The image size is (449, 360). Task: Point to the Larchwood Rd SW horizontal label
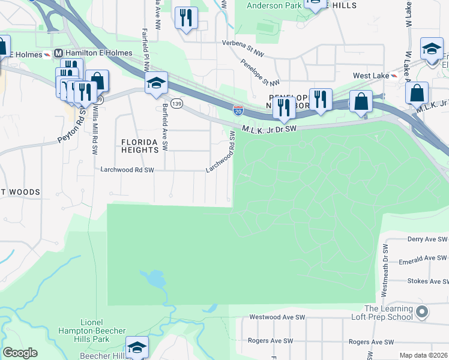[127, 170]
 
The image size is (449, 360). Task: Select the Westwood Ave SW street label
[278, 317]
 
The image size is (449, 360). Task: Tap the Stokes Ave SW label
[427, 281]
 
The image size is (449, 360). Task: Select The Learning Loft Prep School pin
[422, 312]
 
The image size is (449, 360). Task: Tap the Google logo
[20, 353]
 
